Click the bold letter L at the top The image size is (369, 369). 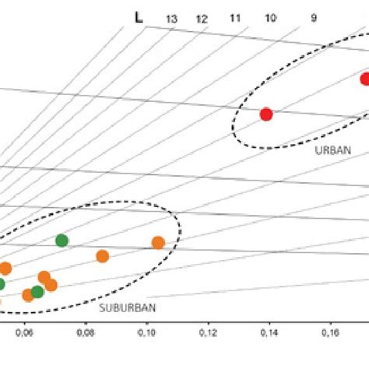pyautogui.click(x=139, y=16)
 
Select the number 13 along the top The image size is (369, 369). pyautogui.click(x=171, y=19)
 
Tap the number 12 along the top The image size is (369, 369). pyautogui.click(x=202, y=18)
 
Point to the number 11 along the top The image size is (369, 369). pyautogui.click(x=234, y=17)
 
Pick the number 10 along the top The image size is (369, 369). pyautogui.click(x=271, y=17)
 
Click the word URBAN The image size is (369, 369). pyautogui.click(x=333, y=150)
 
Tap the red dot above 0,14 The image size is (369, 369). pyautogui.click(x=265, y=114)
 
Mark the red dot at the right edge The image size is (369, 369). pyautogui.click(x=365, y=79)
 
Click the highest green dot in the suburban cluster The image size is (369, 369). pyautogui.click(x=61, y=241)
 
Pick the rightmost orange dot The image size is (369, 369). pyautogui.click(x=158, y=243)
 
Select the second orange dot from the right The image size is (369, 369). pyautogui.click(x=102, y=256)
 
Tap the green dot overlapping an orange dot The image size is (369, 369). pyautogui.click(x=37, y=292)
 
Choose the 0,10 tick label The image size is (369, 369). pyautogui.click(x=146, y=334)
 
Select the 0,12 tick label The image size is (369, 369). pyautogui.click(x=208, y=334)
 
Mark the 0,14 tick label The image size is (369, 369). pyautogui.click(x=269, y=334)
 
